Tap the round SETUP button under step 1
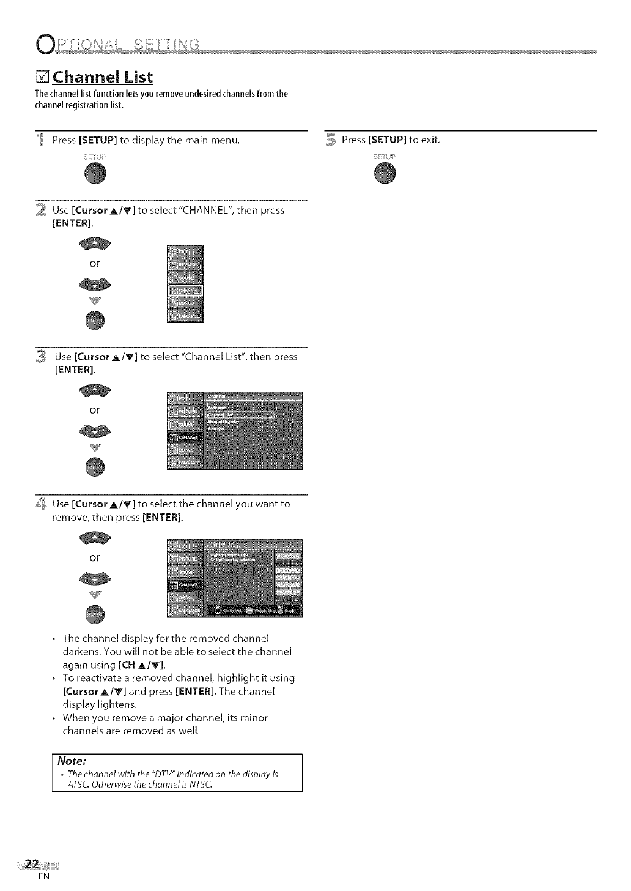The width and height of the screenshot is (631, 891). (95, 174)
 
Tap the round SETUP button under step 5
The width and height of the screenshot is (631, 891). (385, 174)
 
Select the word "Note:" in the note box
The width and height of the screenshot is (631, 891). (71, 761)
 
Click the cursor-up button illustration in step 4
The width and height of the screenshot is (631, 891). (95, 538)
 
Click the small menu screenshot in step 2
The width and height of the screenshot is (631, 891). (185, 284)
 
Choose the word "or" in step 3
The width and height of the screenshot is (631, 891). (95, 409)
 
